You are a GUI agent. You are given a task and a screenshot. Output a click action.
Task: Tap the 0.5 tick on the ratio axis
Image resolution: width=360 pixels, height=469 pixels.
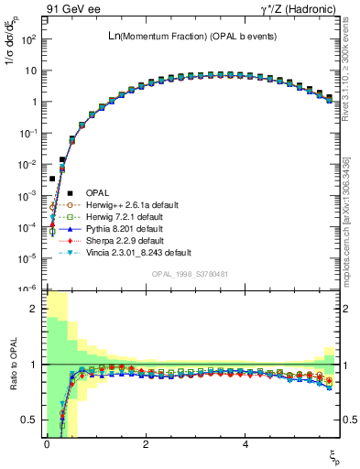pyautogui.click(x=29, y=420)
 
